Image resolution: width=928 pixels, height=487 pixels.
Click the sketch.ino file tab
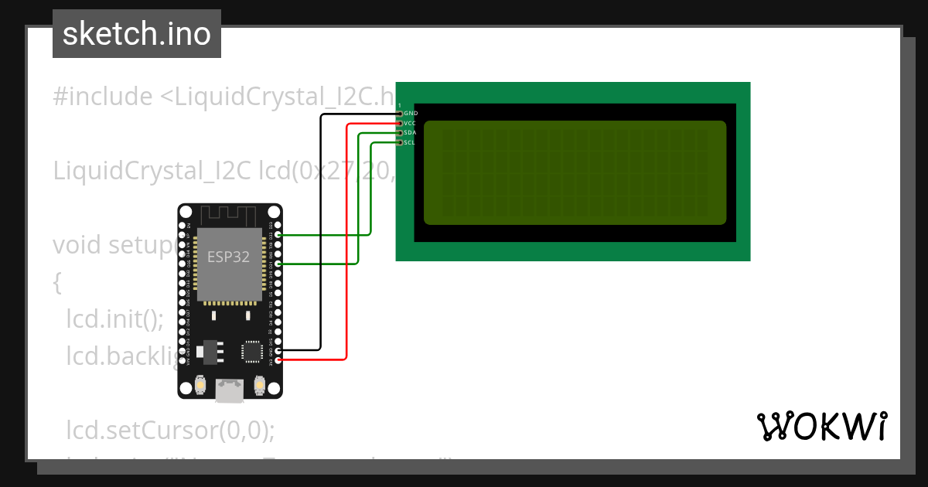pos(137,34)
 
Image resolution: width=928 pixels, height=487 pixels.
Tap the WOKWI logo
pos(821,426)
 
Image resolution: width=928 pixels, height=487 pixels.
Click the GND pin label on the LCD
pos(411,113)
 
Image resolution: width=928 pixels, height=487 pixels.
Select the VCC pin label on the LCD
pos(410,123)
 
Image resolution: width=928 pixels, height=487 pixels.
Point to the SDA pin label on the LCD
pos(410,133)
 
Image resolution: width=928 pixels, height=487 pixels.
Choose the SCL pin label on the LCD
pos(410,142)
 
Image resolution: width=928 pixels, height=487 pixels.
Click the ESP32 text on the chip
pos(229,257)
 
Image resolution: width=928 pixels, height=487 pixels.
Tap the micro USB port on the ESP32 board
pos(230,390)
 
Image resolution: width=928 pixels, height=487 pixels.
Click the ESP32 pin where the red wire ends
pos(278,359)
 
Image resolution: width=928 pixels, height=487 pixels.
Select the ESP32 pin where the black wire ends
pos(278,349)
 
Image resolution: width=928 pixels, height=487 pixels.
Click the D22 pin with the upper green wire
pos(278,234)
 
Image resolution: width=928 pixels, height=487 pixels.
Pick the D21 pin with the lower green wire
pos(278,264)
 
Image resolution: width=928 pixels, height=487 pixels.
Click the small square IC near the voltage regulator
pos(252,351)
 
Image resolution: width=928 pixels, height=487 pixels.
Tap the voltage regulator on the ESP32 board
pos(209,352)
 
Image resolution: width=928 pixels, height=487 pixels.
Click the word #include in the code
pos(103,97)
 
